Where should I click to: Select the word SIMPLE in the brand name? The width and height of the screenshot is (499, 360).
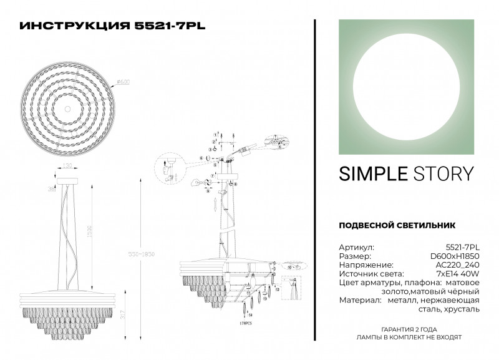[x=371, y=173]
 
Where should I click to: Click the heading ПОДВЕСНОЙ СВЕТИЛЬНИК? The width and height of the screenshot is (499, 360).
[x=397, y=225]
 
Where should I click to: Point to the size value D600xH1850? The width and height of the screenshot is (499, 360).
[x=457, y=256]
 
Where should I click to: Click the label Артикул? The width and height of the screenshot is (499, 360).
[x=356, y=247]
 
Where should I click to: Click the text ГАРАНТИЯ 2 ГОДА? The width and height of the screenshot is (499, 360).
[x=408, y=328]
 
